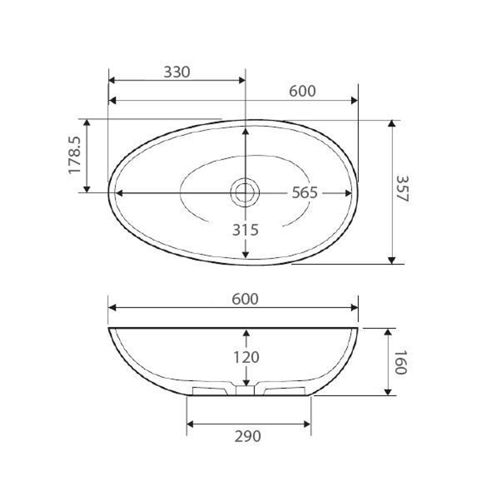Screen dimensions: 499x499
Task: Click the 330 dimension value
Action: pyautogui.click(x=177, y=72)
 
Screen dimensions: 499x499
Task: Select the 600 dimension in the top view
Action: pyautogui.click(x=302, y=91)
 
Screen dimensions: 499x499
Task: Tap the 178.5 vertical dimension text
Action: pyautogui.click(x=74, y=155)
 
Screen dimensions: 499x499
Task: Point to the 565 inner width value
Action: pyautogui.click(x=304, y=193)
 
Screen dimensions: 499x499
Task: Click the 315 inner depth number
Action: pyautogui.click(x=245, y=230)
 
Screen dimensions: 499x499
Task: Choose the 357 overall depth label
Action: pyautogui.click(x=402, y=188)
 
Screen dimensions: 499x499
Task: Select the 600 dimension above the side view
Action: pyautogui.click(x=245, y=299)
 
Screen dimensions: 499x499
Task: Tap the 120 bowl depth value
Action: pyautogui.click(x=246, y=357)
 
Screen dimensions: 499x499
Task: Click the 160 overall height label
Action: pyautogui.click(x=400, y=362)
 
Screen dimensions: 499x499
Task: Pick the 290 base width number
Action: pyautogui.click(x=248, y=436)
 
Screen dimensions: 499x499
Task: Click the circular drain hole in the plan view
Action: pyautogui.click(x=245, y=192)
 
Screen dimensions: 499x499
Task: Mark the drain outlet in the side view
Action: pyautogui.click(x=245, y=391)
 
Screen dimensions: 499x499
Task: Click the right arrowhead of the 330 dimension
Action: pyautogui.click(x=242, y=80)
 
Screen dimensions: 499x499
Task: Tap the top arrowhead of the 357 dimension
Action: pyautogui.click(x=392, y=123)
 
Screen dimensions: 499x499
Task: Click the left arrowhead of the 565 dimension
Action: pyautogui.click(x=119, y=193)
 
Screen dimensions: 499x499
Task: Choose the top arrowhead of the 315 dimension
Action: pyautogui.click(x=245, y=132)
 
